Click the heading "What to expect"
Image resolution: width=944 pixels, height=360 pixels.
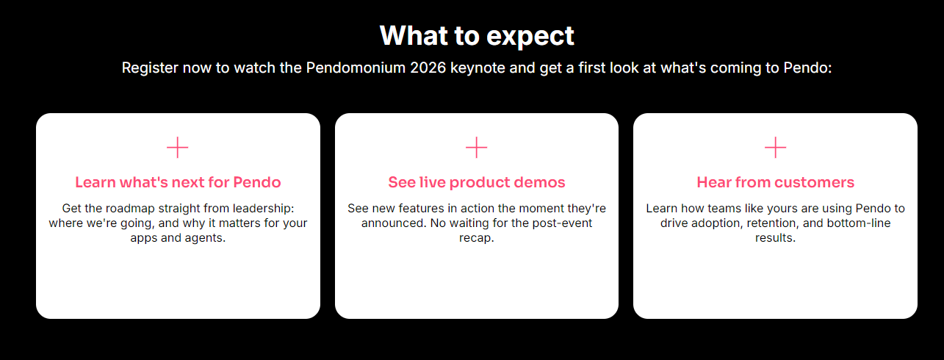click(x=477, y=35)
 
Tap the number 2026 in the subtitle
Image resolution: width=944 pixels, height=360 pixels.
click(x=428, y=68)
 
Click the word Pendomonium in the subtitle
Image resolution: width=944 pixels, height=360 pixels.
click(x=356, y=68)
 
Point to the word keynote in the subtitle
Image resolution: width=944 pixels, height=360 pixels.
click(x=478, y=68)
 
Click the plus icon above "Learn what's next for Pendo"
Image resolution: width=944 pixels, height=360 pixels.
click(x=178, y=148)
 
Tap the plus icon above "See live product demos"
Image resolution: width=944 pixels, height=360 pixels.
click(x=477, y=148)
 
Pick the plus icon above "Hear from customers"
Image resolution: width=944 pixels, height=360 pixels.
click(x=776, y=148)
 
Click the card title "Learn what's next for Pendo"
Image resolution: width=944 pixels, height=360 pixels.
click(x=178, y=182)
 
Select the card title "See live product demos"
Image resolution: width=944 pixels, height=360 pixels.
click(x=477, y=182)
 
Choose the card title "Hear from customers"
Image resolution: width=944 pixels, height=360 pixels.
click(x=776, y=182)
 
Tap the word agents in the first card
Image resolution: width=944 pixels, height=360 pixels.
click(x=203, y=238)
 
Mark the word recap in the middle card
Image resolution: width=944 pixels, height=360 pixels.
click(x=475, y=238)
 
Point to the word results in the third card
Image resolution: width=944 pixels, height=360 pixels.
click(x=774, y=238)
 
